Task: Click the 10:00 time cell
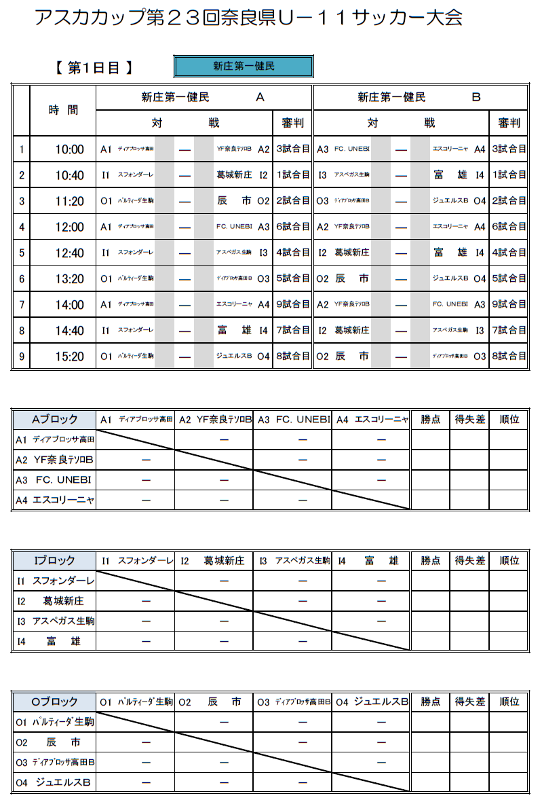pyautogui.click(x=69, y=149)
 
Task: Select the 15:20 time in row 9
pyautogui.click(x=69, y=357)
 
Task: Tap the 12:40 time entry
pyautogui.click(x=69, y=253)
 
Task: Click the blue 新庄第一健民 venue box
pyautogui.click(x=244, y=67)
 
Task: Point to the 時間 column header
pyautogui.click(x=63, y=110)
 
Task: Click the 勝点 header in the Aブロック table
pyautogui.click(x=431, y=420)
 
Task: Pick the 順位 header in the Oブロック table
pyautogui.click(x=509, y=702)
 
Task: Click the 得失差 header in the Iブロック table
pyautogui.click(x=469, y=561)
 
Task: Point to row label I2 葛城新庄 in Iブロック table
pyautogui.click(x=55, y=601)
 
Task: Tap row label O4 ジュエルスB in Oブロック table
pyautogui.click(x=55, y=782)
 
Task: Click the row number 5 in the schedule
pyautogui.click(x=22, y=253)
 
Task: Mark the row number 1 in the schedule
pyautogui.click(x=22, y=149)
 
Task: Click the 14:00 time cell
pyautogui.click(x=69, y=305)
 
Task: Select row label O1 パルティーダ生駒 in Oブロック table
pyautogui.click(x=55, y=722)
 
